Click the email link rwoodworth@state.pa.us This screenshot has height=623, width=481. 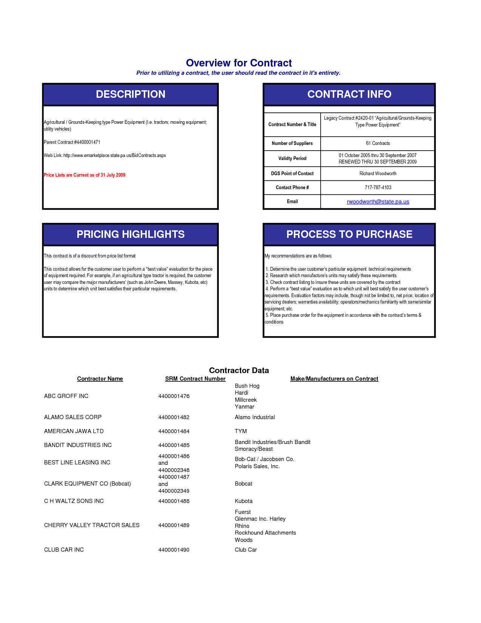pos(378,202)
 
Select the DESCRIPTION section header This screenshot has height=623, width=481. pos(131,94)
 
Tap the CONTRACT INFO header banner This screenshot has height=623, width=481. pos(349,94)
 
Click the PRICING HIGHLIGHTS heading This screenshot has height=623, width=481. pos(131,234)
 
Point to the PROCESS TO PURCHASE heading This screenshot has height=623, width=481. pos(349,234)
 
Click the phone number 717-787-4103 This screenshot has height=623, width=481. pos(378,188)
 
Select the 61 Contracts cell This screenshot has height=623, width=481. pos(378,143)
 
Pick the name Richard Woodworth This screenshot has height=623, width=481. pos(378,174)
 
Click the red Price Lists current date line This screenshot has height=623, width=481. pos(85,175)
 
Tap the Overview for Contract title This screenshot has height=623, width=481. pos(239,63)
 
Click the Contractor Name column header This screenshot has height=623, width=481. pos(100,379)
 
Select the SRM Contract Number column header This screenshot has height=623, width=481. pos(195,379)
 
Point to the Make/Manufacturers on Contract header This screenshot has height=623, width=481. pos(334,379)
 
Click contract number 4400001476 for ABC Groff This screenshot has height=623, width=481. pos(174,396)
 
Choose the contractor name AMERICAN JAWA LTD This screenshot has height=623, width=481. pos(74,431)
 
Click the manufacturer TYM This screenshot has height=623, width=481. pos(241,431)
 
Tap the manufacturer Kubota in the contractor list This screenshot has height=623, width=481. pos(244,501)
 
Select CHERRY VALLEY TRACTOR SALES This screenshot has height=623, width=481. pos(92,525)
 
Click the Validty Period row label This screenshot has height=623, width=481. pos(292,159)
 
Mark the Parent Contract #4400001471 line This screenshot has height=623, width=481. pos(72,142)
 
